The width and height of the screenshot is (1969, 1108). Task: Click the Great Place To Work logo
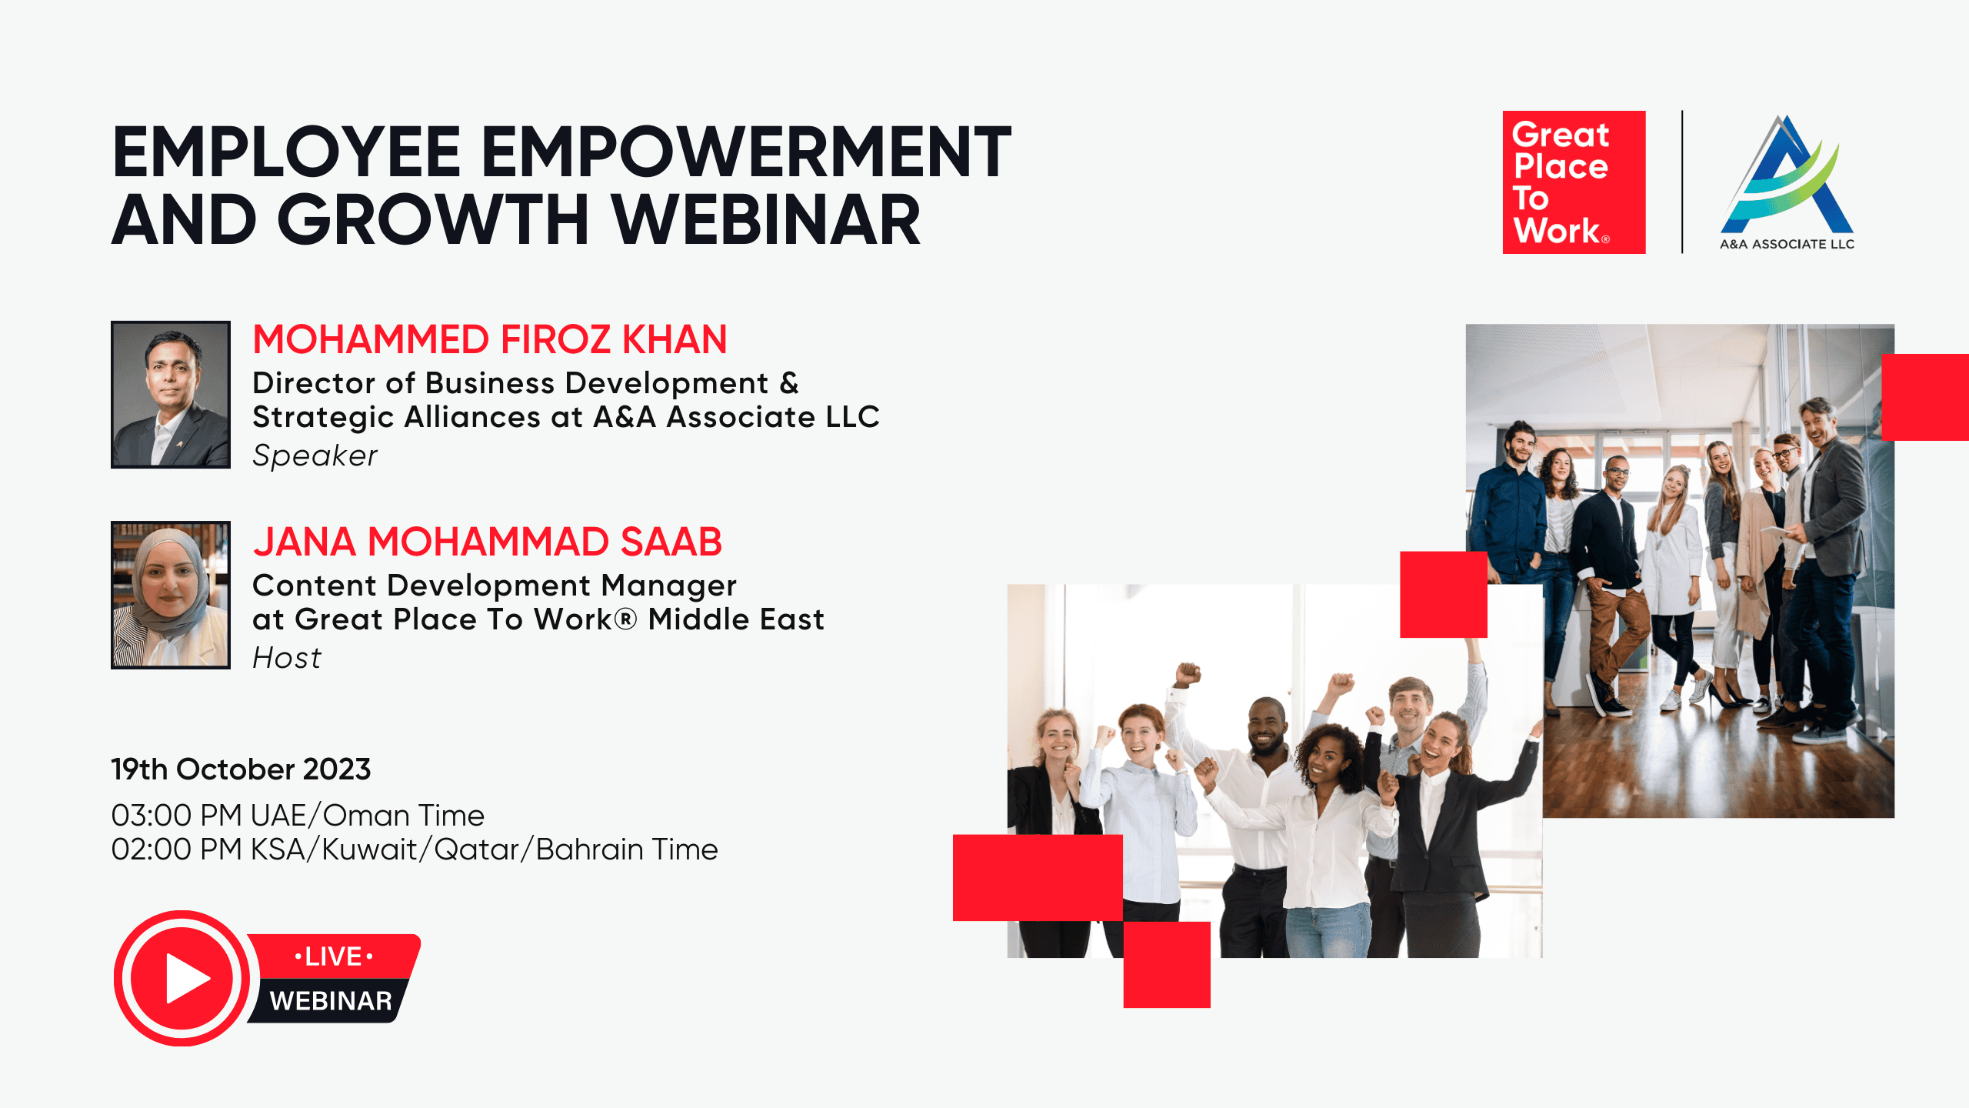(x=1574, y=182)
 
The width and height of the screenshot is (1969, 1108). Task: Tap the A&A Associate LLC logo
(x=1787, y=183)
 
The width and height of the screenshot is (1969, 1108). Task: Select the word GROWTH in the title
(x=433, y=220)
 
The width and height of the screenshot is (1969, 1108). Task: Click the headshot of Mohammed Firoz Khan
(x=171, y=395)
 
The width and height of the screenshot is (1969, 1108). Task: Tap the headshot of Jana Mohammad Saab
(x=171, y=595)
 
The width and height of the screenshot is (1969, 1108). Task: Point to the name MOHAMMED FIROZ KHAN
(x=490, y=339)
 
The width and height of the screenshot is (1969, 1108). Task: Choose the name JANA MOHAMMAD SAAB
(x=488, y=542)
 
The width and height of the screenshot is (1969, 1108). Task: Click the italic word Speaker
(x=315, y=456)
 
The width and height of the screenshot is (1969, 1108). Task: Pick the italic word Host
(x=287, y=659)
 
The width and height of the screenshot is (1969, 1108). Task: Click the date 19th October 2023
(x=241, y=769)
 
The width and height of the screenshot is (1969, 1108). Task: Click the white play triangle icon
(x=187, y=979)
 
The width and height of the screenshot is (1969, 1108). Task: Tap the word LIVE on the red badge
(x=334, y=956)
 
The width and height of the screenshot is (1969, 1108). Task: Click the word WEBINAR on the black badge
(x=331, y=1001)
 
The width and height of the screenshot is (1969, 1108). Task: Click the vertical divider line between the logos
(x=1682, y=182)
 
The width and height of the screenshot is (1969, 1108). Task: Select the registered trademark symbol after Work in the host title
(x=626, y=619)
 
